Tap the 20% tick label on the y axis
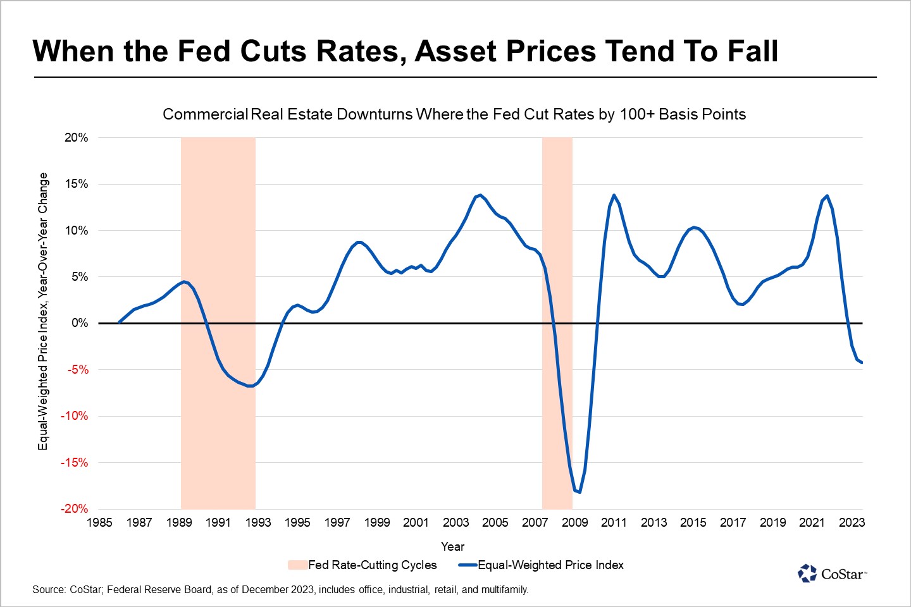tap(76, 138)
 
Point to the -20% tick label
tap(74, 509)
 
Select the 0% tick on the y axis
tap(80, 323)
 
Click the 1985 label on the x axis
tap(99, 522)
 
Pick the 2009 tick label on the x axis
tap(574, 522)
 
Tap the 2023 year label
tap(852, 522)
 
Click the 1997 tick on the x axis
tap(337, 522)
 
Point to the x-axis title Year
tap(452, 546)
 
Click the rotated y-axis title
tap(43, 311)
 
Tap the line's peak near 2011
tap(614, 195)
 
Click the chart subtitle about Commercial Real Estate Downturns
tap(454, 114)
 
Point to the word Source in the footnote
tap(49, 590)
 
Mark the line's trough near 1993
tap(251, 386)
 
